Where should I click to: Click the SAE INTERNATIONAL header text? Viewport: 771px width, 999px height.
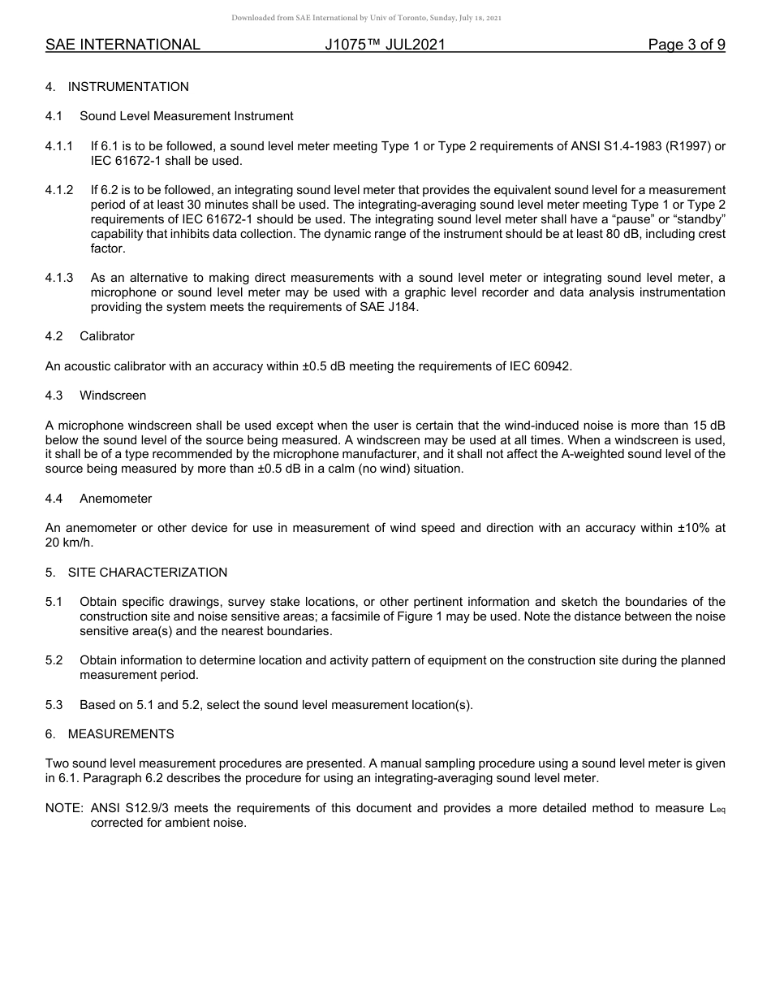coord(123,45)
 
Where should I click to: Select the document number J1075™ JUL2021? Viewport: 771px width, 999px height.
coord(385,45)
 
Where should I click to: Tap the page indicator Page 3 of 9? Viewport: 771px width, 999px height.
coord(687,45)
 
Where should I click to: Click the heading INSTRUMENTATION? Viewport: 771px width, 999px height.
coord(128,87)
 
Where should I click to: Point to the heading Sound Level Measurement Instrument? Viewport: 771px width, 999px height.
coord(186,116)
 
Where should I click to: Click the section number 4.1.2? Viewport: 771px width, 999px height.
coord(59,190)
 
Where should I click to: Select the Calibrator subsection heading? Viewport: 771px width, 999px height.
coord(107,336)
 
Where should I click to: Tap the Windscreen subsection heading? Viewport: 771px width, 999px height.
coord(113,396)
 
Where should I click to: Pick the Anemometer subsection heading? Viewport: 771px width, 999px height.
coord(115,499)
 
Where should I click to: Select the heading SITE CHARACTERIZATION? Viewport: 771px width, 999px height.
coord(147,573)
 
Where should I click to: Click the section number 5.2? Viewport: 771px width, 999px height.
coord(54,660)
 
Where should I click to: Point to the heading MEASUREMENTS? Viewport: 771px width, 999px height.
coord(121,734)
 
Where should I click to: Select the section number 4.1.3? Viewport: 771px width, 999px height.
coord(59,278)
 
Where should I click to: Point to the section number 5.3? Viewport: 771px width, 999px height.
coord(54,705)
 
